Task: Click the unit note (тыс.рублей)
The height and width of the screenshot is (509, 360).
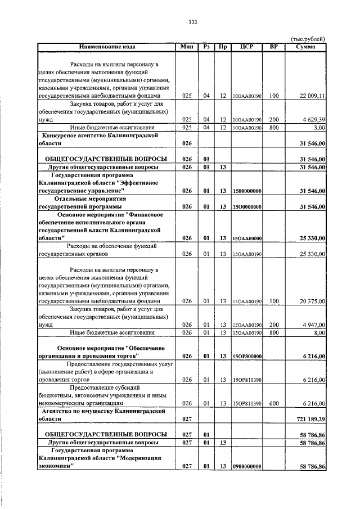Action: [x=308, y=38]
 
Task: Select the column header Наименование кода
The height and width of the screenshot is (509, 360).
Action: [x=107, y=46]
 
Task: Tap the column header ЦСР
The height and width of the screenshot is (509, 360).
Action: [x=246, y=46]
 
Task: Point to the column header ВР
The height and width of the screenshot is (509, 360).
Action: [x=274, y=46]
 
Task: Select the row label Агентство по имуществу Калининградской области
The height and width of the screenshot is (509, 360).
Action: [x=101, y=415]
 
